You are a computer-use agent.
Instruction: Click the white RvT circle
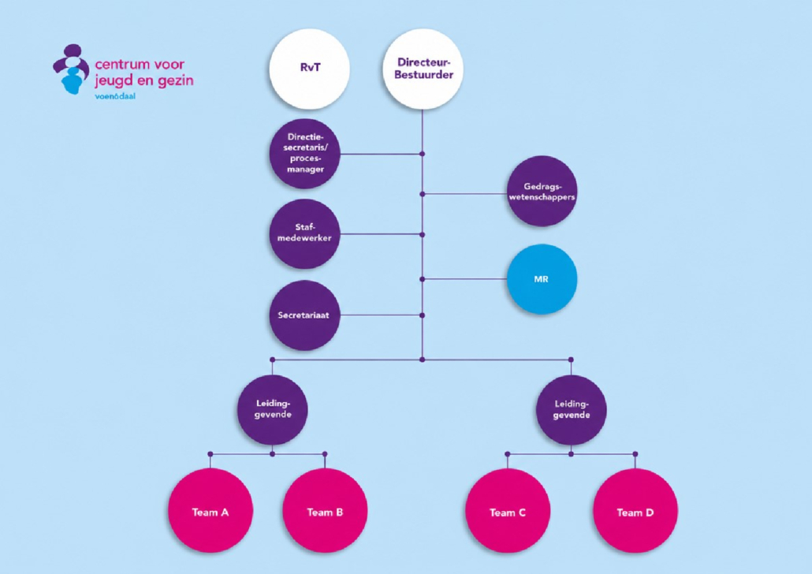[309, 69]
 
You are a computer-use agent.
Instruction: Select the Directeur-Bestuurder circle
[423, 69]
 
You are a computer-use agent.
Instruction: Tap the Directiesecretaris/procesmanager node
[305, 153]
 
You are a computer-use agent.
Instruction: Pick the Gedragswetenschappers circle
[542, 191]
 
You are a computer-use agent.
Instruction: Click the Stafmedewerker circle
[305, 233]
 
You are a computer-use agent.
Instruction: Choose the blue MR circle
[542, 279]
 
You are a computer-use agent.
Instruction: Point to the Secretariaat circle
[305, 315]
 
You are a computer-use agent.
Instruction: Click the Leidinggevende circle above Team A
[273, 409]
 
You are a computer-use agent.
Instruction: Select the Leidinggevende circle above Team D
[572, 409]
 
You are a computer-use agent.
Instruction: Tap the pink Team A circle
[210, 511]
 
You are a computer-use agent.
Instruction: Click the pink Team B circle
[325, 511]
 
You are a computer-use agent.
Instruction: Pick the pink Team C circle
[508, 511]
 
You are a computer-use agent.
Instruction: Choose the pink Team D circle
[635, 511]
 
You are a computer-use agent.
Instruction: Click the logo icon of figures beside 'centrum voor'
[72, 69]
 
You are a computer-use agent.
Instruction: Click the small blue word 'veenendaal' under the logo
[115, 96]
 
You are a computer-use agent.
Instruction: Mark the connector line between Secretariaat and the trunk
[381, 315]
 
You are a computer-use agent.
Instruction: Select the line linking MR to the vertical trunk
[464, 279]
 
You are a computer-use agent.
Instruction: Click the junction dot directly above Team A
[210, 454]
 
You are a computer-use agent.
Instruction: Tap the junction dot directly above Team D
[635, 454]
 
